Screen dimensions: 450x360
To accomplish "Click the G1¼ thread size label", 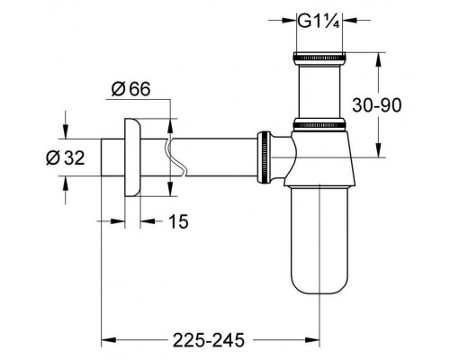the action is (x=319, y=21).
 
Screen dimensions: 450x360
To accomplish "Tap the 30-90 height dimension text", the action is (x=376, y=105).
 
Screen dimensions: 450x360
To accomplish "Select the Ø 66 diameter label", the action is (x=130, y=89).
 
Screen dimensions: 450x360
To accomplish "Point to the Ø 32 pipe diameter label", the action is (x=66, y=157).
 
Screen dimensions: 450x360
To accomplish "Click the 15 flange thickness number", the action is (x=178, y=221).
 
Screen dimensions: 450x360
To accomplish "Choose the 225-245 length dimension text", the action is (x=209, y=340).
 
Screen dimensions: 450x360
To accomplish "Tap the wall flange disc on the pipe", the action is (x=132, y=157).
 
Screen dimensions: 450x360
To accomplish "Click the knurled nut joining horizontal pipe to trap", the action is (x=264, y=157).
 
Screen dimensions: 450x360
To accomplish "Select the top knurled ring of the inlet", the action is (x=319, y=57).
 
